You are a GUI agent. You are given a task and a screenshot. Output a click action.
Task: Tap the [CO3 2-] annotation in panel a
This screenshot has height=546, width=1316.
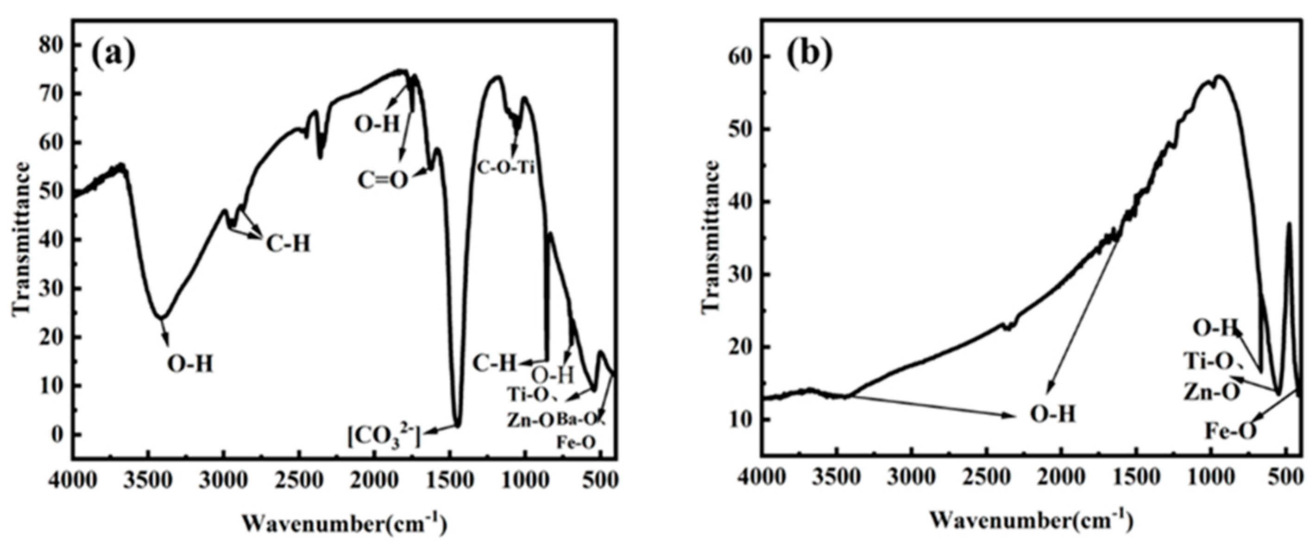coord(384,438)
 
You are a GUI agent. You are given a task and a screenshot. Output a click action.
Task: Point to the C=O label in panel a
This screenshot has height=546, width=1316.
coord(383,180)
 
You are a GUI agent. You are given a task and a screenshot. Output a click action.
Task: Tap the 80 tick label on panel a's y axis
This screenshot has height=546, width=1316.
coord(54,45)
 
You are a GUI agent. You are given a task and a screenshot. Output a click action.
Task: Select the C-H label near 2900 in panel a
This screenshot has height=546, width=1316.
coord(288,244)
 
